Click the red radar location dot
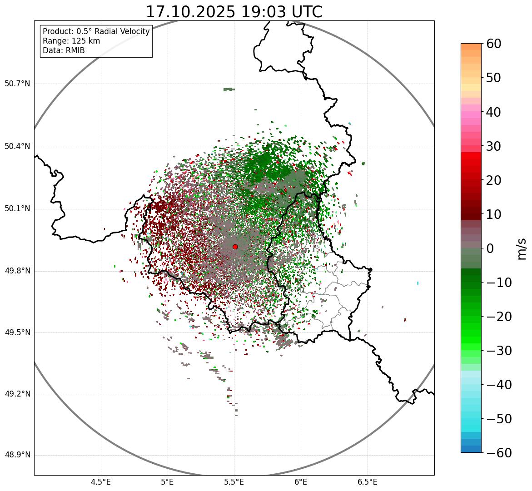(235, 247)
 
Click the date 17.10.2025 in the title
(190, 12)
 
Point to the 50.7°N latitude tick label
(17, 84)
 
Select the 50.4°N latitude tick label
(17, 146)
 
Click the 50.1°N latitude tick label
(17, 209)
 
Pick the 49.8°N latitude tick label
(17, 271)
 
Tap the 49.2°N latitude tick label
(17, 394)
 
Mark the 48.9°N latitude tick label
(17, 455)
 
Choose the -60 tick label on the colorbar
(499, 453)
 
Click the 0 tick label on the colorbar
(490, 248)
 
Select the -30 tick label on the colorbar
(499, 351)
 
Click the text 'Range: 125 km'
(71, 41)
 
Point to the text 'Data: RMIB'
(64, 50)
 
